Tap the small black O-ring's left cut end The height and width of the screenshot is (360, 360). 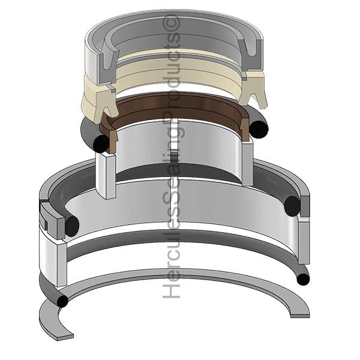tap(101, 143)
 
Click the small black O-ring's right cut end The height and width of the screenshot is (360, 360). tap(259, 129)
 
